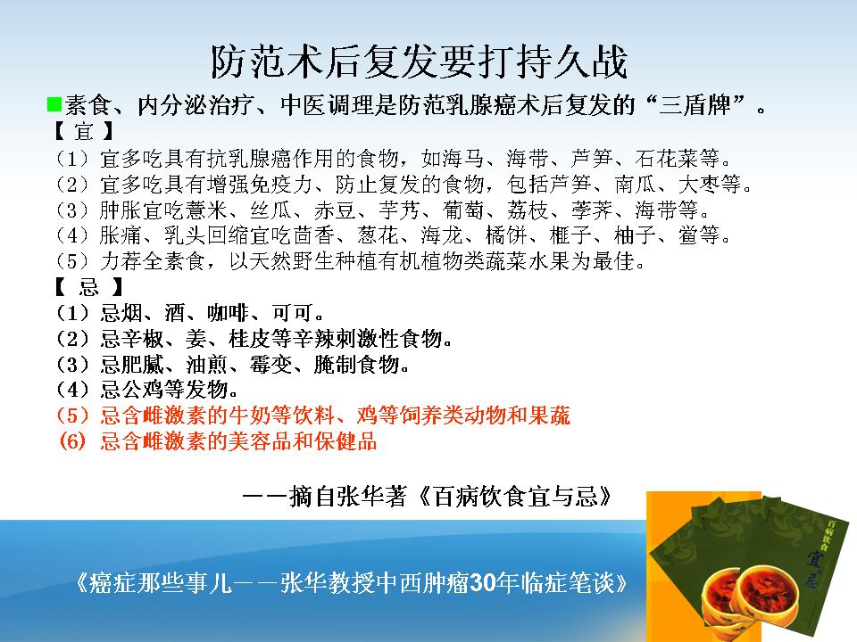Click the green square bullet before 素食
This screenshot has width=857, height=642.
pyautogui.click(x=54, y=103)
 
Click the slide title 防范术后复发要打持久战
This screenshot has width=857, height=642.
pyautogui.click(x=420, y=62)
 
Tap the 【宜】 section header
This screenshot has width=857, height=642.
pyautogui.click(x=84, y=132)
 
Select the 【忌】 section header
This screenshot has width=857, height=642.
pyautogui.click(x=88, y=286)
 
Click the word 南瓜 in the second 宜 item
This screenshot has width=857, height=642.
pyautogui.click(x=635, y=184)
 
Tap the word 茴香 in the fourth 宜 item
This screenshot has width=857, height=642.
pyautogui.click(x=313, y=235)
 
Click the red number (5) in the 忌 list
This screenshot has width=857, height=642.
pyautogui.click(x=72, y=416)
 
